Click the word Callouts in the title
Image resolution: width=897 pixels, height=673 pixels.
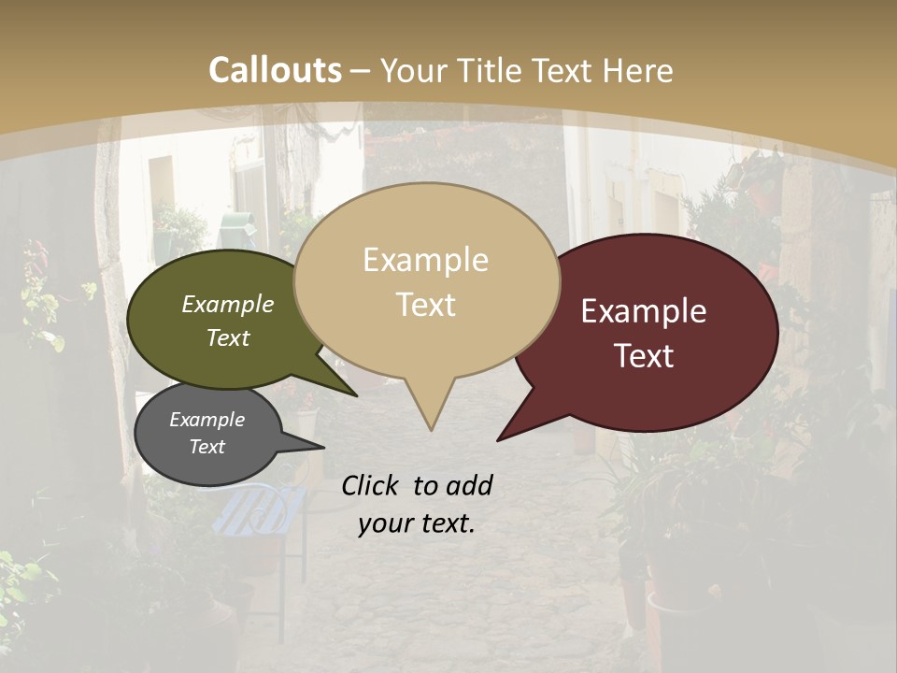(x=275, y=70)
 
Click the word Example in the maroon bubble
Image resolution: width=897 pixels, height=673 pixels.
(x=644, y=311)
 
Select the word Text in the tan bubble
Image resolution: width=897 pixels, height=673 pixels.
(x=426, y=305)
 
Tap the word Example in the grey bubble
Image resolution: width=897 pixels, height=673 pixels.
(x=206, y=420)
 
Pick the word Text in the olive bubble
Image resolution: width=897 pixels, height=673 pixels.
(x=228, y=337)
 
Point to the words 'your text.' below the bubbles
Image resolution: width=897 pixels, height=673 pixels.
(x=417, y=523)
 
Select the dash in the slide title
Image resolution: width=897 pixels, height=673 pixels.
(x=361, y=70)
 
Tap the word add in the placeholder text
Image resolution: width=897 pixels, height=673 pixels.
(x=469, y=485)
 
